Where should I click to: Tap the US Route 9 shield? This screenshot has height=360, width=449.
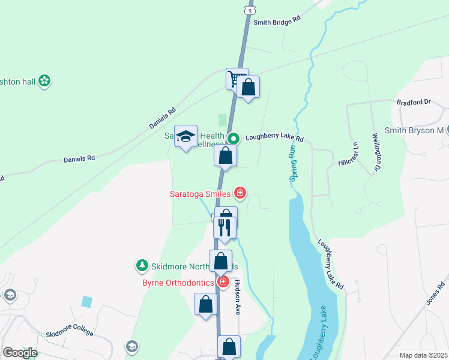[x=249, y=10]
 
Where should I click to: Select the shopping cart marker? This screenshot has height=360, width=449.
[x=237, y=79]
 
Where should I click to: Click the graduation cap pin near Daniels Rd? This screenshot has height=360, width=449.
[x=186, y=136]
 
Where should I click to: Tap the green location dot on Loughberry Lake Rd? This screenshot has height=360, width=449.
[x=234, y=138]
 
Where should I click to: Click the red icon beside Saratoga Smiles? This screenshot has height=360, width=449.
[x=240, y=193]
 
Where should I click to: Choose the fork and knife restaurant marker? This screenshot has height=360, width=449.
[x=224, y=228]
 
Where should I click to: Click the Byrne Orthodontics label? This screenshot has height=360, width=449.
[x=178, y=283]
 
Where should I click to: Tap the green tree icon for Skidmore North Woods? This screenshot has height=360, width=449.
[x=142, y=265]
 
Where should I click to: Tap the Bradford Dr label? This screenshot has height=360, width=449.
[x=414, y=102]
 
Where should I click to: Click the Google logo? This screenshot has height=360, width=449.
[x=20, y=353]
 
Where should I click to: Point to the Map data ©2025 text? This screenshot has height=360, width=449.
[x=423, y=355]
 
